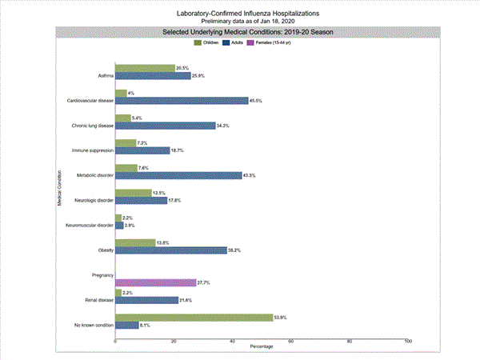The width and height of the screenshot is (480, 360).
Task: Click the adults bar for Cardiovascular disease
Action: click(182, 101)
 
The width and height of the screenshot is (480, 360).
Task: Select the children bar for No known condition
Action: click(194, 318)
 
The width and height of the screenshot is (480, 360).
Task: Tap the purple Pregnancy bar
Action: click(155, 283)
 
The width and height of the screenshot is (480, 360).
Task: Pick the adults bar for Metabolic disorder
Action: click(178, 175)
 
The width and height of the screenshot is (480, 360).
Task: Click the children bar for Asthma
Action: click(145, 69)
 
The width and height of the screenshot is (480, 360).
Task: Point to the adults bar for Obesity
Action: click(171, 250)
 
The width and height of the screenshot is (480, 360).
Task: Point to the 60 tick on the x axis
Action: click(291, 342)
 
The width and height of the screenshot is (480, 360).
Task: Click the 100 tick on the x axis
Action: click(408, 342)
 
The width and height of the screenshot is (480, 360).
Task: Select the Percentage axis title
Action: click(262, 348)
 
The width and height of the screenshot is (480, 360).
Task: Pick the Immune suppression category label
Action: click(92, 150)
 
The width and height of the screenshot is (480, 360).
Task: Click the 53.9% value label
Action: click(282, 318)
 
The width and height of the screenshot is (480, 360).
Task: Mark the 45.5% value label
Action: click(257, 101)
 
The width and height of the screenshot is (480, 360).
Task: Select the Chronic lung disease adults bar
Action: click(165, 126)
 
